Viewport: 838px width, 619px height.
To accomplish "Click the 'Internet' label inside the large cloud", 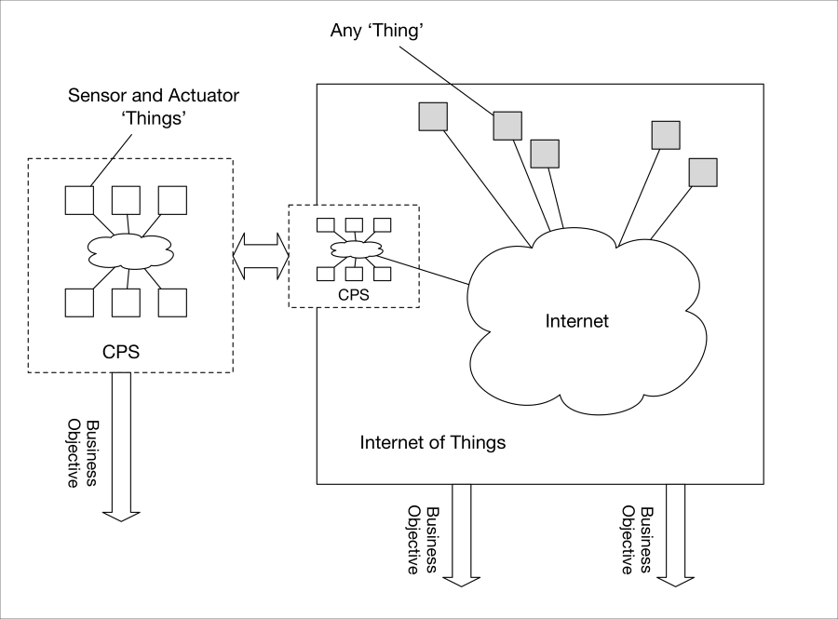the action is click(576, 321).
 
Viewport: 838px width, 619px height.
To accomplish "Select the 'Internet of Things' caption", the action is click(432, 443).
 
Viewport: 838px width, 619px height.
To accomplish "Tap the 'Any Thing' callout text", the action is click(377, 31).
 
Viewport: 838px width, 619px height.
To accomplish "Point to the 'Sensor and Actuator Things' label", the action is click(154, 106).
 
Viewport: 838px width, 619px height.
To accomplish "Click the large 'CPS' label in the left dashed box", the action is click(121, 352).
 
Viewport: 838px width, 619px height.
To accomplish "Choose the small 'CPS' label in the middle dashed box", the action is click(354, 295).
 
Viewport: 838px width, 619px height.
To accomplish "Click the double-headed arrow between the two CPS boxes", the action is click(261, 256).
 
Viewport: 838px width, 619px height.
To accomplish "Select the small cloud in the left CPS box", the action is click(131, 251).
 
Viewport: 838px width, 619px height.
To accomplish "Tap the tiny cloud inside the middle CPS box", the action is click(357, 249).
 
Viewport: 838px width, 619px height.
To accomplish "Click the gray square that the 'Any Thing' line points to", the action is click(507, 126).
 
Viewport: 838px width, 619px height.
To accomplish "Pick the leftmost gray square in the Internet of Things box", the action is click(433, 116).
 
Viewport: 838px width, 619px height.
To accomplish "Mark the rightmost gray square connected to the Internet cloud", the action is click(703, 172).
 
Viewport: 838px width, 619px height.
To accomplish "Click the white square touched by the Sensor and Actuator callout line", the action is click(79, 200).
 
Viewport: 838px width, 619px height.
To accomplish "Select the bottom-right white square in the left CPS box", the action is click(172, 303).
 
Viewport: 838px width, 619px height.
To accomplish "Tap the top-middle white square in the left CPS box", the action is click(126, 200).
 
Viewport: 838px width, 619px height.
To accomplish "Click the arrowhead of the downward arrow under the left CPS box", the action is click(121, 517).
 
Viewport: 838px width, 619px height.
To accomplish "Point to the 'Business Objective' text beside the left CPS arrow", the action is click(83, 454).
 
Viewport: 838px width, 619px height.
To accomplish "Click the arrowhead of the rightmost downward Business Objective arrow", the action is click(676, 582).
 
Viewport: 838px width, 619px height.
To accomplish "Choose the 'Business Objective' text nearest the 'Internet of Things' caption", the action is click(422, 541).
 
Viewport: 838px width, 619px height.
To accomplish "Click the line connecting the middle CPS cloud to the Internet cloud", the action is click(422, 270).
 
